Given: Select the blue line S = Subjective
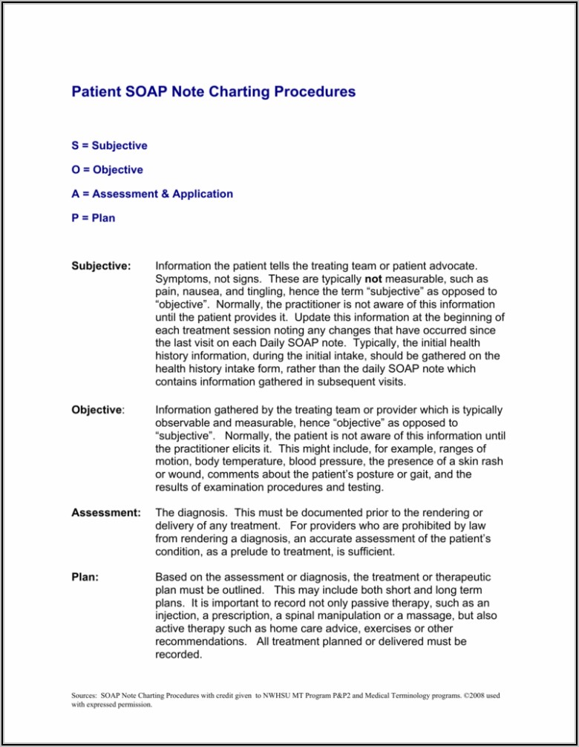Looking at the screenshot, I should coord(109,146).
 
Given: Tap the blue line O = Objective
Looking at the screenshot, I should coord(107,170).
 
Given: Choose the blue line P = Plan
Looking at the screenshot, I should coord(93,218).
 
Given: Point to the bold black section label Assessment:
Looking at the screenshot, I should coord(105,512).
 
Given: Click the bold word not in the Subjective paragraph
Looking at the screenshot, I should coord(373,278).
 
